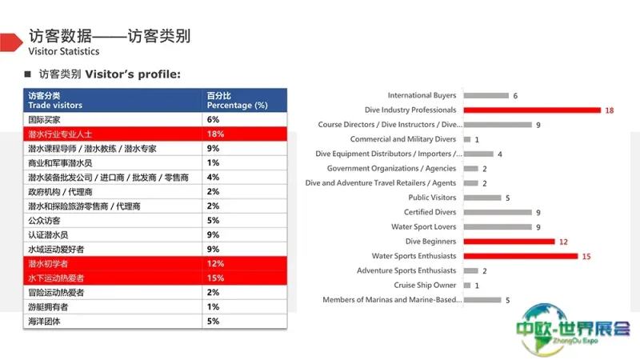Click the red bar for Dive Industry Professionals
pos(532,110)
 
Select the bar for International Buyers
pos(486,95)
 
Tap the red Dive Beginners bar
pos(510,242)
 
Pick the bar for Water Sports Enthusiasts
pos(521,256)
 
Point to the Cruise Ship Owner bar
pos(467,286)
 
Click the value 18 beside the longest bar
pos(610,110)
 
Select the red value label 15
pos(586,257)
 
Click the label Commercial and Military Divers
pos(403,139)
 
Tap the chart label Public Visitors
pos(432,198)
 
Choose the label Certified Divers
pos(430,212)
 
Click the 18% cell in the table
pos(215,134)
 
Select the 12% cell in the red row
pos(215,264)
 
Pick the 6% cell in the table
pos(213,119)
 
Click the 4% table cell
pos(213,177)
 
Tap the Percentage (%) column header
pos(237,106)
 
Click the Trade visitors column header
pos(55,106)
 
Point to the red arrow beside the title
pos(11,42)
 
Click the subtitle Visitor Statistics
pos(64,51)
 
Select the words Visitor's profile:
pos(133,74)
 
